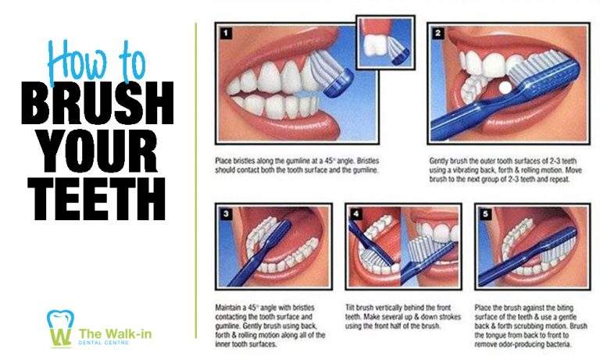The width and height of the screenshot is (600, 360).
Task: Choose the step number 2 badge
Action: pos(438,33)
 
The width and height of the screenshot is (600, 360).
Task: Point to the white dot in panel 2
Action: pos(504,87)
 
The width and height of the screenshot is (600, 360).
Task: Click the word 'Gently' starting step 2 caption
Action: pos(440,161)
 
